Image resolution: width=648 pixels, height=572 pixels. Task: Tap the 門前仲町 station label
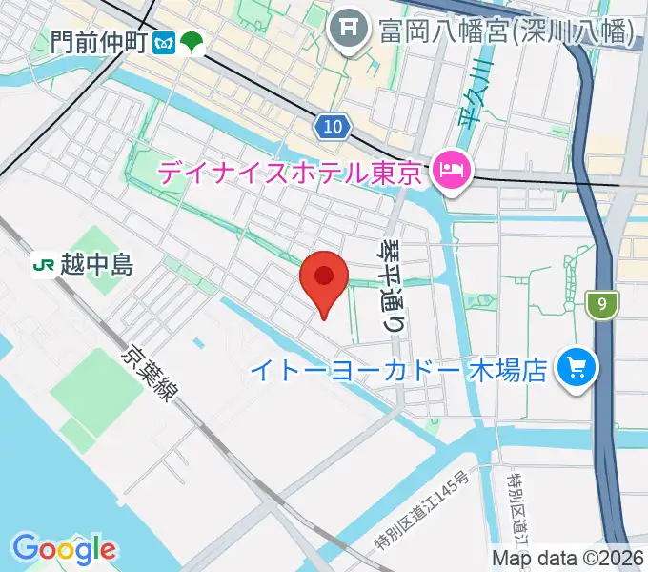click(x=100, y=42)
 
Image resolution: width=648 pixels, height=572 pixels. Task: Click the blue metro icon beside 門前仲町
click(x=166, y=43)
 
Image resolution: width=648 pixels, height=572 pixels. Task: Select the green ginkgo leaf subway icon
click(x=193, y=43)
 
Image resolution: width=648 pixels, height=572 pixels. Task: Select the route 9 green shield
click(x=602, y=305)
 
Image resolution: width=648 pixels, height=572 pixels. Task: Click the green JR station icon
click(x=43, y=264)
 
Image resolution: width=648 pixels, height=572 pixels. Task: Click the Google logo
click(x=64, y=549)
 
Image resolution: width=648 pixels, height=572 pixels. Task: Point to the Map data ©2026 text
click(x=568, y=558)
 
